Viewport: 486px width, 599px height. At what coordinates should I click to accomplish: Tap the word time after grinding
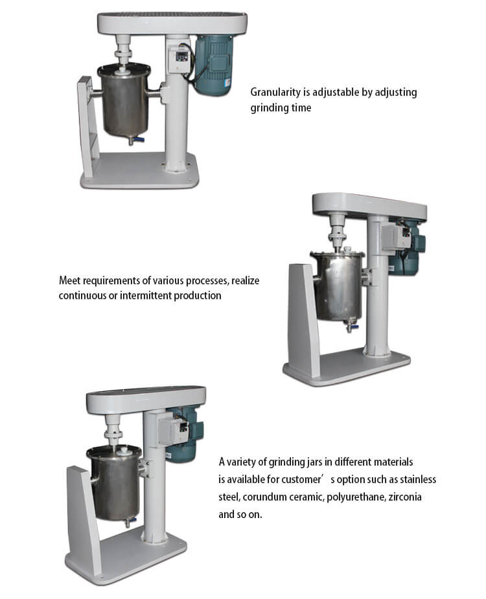[x=301, y=107]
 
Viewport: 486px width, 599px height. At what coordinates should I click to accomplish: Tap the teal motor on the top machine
[x=213, y=64]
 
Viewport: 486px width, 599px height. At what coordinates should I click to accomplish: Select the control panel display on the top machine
[x=181, y=56]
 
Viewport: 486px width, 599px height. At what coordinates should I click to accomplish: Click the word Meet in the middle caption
[x=69, y=280]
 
